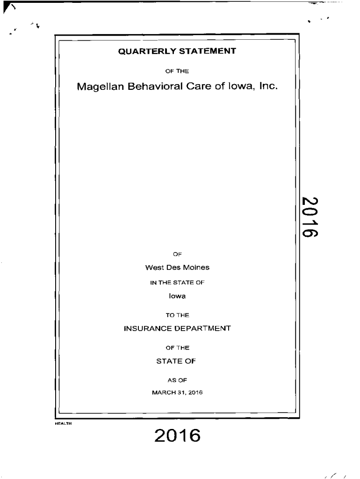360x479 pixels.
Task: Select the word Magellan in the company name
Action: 100,87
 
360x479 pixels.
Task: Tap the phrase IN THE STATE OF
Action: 177,282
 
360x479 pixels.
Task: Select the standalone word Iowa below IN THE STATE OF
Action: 177,296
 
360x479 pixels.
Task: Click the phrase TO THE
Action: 177,315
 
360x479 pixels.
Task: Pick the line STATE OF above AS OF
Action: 177,361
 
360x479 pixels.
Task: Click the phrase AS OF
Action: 177,380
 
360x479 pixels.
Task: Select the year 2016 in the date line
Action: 195,392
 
